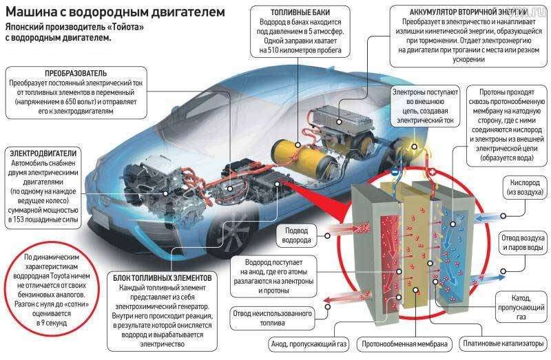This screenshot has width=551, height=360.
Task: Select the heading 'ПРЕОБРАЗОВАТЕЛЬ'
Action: point(76,72)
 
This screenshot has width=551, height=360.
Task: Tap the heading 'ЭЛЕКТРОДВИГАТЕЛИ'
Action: point(43,152)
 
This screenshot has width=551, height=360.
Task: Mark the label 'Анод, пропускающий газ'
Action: point(307,342)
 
